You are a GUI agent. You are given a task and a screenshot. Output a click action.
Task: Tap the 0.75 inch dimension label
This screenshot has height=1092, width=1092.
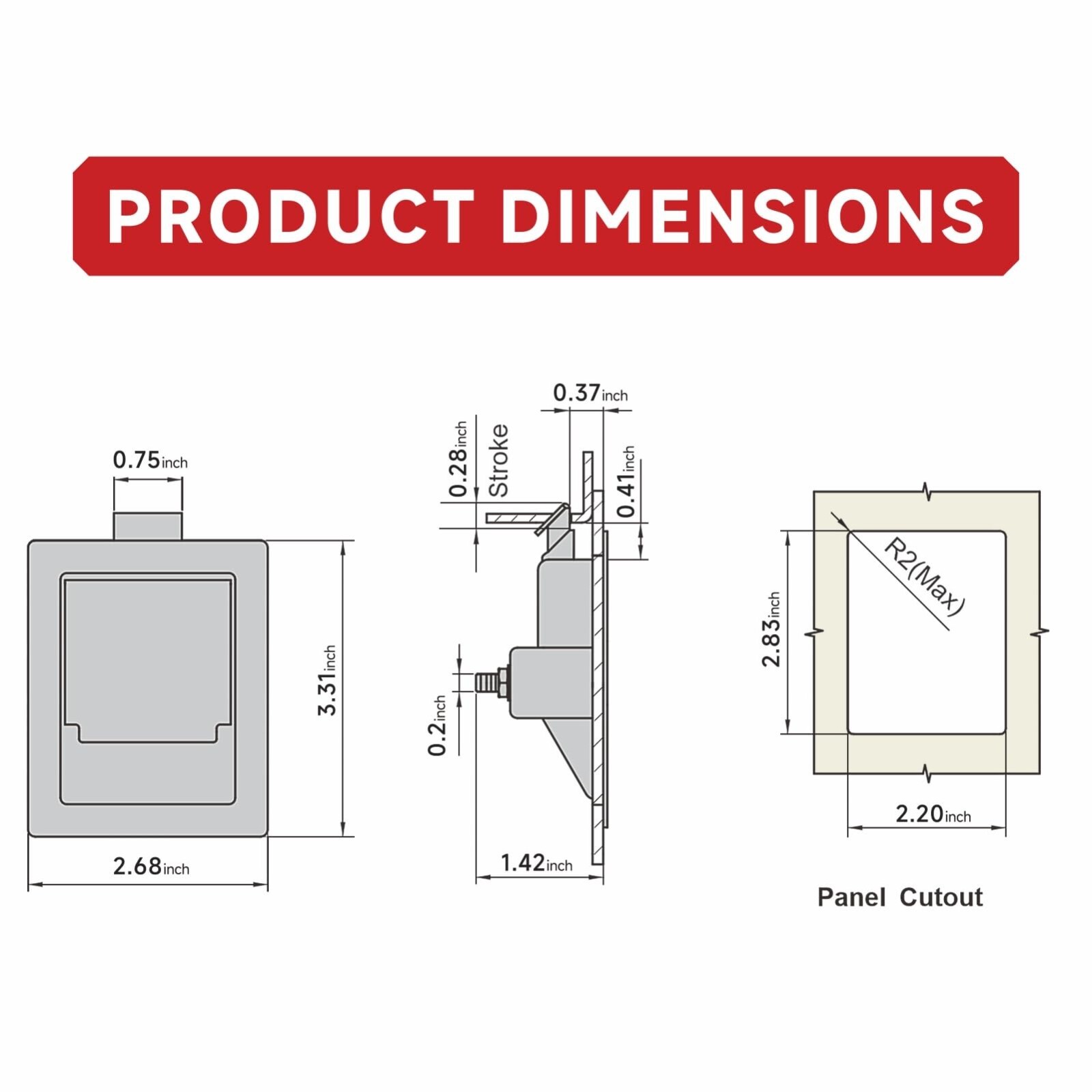[150, 460]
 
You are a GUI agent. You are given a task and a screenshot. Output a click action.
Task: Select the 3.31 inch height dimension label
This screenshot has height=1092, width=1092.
[328, 680]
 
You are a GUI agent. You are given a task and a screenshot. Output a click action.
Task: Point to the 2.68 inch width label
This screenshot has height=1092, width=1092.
[151, 866]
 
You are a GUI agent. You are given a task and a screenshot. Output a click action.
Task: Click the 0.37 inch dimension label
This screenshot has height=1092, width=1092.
[590, 392]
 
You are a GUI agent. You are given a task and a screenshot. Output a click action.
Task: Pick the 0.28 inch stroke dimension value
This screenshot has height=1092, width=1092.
[458, 459]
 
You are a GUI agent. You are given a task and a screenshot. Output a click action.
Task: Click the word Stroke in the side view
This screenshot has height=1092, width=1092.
[499, 460]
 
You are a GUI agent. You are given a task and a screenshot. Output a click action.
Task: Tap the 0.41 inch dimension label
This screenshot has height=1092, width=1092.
[626, 481]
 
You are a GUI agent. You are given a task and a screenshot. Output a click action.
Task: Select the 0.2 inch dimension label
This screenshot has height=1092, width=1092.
[437, 725]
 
